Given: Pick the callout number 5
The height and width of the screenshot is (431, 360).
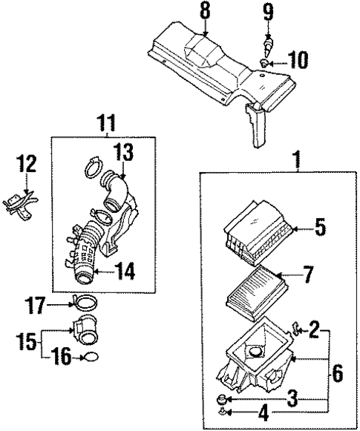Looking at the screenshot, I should pyautogui.click(x=319, y=228).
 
